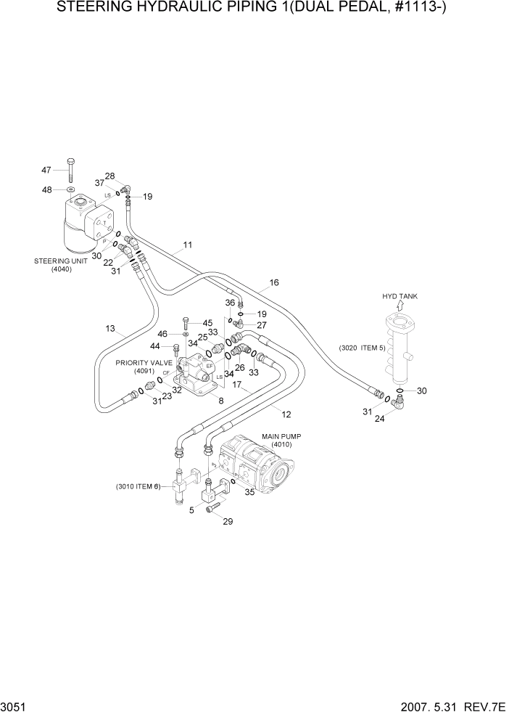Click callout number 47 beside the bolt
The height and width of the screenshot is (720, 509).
[46, 170]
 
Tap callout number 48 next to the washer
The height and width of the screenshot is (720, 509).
[46, 190]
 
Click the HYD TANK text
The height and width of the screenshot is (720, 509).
[400, 296]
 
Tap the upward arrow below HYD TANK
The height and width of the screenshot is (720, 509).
[400, 308]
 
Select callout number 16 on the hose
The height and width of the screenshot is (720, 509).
[274, 282]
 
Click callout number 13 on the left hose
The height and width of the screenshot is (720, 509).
[110, 329]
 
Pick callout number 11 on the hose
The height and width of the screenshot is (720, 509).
[187, 245]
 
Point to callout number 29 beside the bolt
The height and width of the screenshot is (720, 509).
[228, 522]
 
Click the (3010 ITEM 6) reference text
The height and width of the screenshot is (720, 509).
[137, 486]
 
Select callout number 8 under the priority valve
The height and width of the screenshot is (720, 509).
[220, 400]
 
